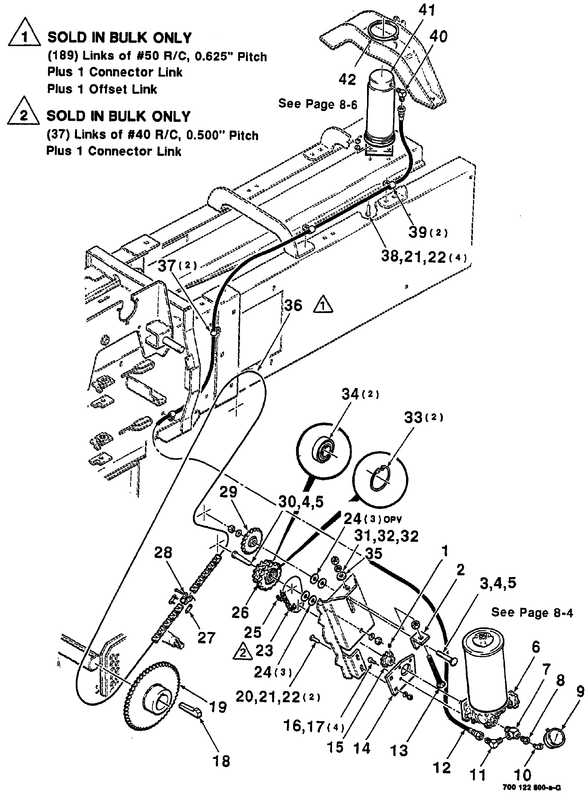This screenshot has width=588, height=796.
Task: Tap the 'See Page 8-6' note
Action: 318,104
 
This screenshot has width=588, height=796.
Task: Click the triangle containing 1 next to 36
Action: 323,305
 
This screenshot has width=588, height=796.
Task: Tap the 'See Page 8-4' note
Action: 532,612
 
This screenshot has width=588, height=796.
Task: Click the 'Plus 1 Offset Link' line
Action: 102,89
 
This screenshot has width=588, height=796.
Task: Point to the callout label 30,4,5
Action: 301,502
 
